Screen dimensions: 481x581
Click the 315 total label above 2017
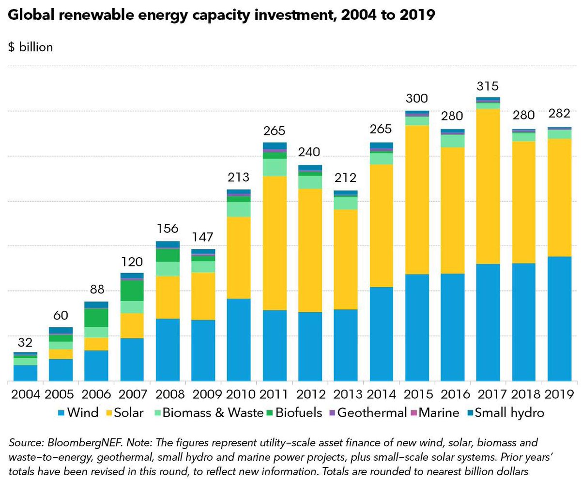(x=488, y=87)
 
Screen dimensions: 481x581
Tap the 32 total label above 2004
(x=25, y=343)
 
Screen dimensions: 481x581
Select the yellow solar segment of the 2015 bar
(x=417, y=200)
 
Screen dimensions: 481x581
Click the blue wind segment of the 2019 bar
(x=559, y=319)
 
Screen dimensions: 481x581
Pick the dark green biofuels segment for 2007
(x=132, y=291)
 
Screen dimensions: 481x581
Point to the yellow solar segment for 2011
(x=275, y=243)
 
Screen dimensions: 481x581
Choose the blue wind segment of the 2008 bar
(x=168, y=350)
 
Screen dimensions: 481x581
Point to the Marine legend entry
(x=436, y=413)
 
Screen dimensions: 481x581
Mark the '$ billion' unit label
(x=31, y=47)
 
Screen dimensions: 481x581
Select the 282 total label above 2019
(x=559, y=114)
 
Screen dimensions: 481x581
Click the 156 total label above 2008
(x=168, y=228)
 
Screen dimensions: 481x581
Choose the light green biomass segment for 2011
(x=275, y=167)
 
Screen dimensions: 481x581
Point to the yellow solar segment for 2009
(x=203, y=296)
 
